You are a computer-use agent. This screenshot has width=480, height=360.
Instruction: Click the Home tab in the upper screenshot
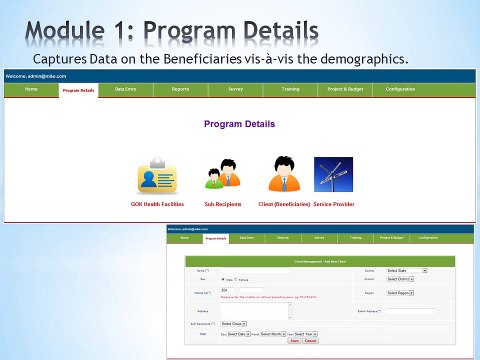(x=31, y=90)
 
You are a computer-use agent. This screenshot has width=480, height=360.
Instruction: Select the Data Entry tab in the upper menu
(x=126, y=90)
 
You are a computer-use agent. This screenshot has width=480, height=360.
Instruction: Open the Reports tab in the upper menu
(x=180, y=90)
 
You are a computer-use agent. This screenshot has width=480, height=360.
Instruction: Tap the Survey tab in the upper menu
(x=236, y=90)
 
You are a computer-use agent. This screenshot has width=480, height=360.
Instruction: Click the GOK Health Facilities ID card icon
(x=157, y=176)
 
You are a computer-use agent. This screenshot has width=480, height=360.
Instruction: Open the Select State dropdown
(x=407, y=270)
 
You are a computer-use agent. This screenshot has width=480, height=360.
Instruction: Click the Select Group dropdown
(x=233, y=324)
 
